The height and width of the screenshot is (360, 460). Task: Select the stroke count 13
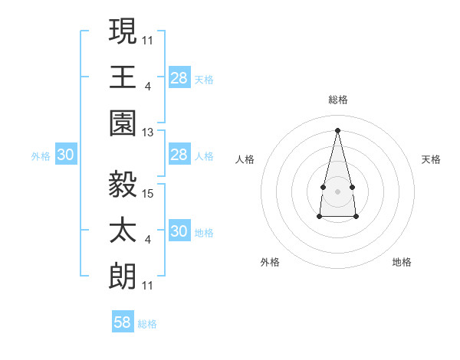point(149,133)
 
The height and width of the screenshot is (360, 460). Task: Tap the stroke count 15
point(149,193)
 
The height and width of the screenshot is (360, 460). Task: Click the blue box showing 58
point(123,322)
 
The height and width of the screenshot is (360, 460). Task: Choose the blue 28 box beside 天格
point(179,78)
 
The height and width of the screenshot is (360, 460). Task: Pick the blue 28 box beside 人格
point(179,155)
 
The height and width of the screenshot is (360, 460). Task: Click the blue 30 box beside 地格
point(179,232)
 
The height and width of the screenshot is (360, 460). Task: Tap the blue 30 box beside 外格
point(65,155)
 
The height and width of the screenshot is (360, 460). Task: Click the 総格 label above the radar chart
point(337,100)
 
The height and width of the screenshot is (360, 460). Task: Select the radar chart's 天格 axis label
point(432,159)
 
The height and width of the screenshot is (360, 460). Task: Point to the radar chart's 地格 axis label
point(402,262)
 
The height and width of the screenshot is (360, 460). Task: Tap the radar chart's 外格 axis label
point(270,262)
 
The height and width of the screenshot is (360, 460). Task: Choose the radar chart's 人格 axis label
point(245,159)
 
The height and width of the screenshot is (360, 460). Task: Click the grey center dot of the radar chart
point(337,190)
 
